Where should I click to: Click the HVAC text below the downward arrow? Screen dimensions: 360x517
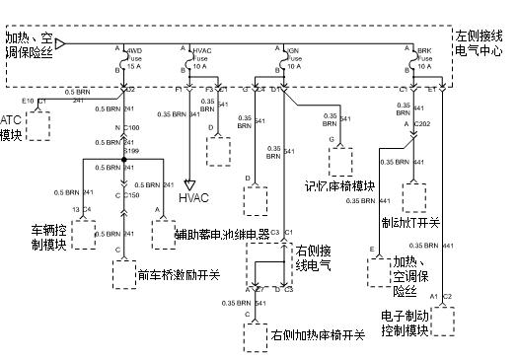tap(195, 197)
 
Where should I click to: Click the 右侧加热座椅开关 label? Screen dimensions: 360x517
tap(319, 335)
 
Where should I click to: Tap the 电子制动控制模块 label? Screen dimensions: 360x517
tap(405, 324)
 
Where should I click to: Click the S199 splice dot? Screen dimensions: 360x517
tap(122, 159)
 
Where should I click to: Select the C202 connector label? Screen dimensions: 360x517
tap(423, 124)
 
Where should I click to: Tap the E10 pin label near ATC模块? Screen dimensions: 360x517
tap(28, 101)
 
